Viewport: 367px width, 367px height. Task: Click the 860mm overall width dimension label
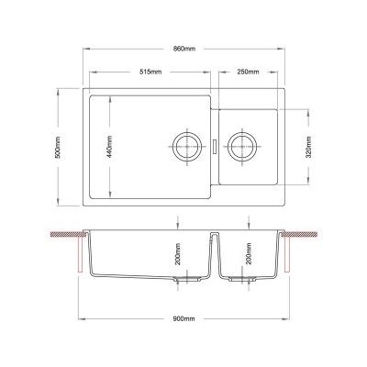pos(184,49)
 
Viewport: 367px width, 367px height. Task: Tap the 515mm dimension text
pos(150,72)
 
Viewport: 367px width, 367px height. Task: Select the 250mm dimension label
pos(248,72)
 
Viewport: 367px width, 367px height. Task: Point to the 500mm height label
pos(58,147)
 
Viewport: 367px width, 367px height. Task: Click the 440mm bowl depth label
pos(109,147)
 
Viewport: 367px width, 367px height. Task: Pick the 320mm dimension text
pos(309,147)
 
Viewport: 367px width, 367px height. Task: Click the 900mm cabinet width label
pos(183,319)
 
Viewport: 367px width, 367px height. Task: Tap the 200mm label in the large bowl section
pos(179,254)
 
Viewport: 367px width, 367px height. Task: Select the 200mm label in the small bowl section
pos(249,253)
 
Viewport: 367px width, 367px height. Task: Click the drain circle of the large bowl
pos(187,132)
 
